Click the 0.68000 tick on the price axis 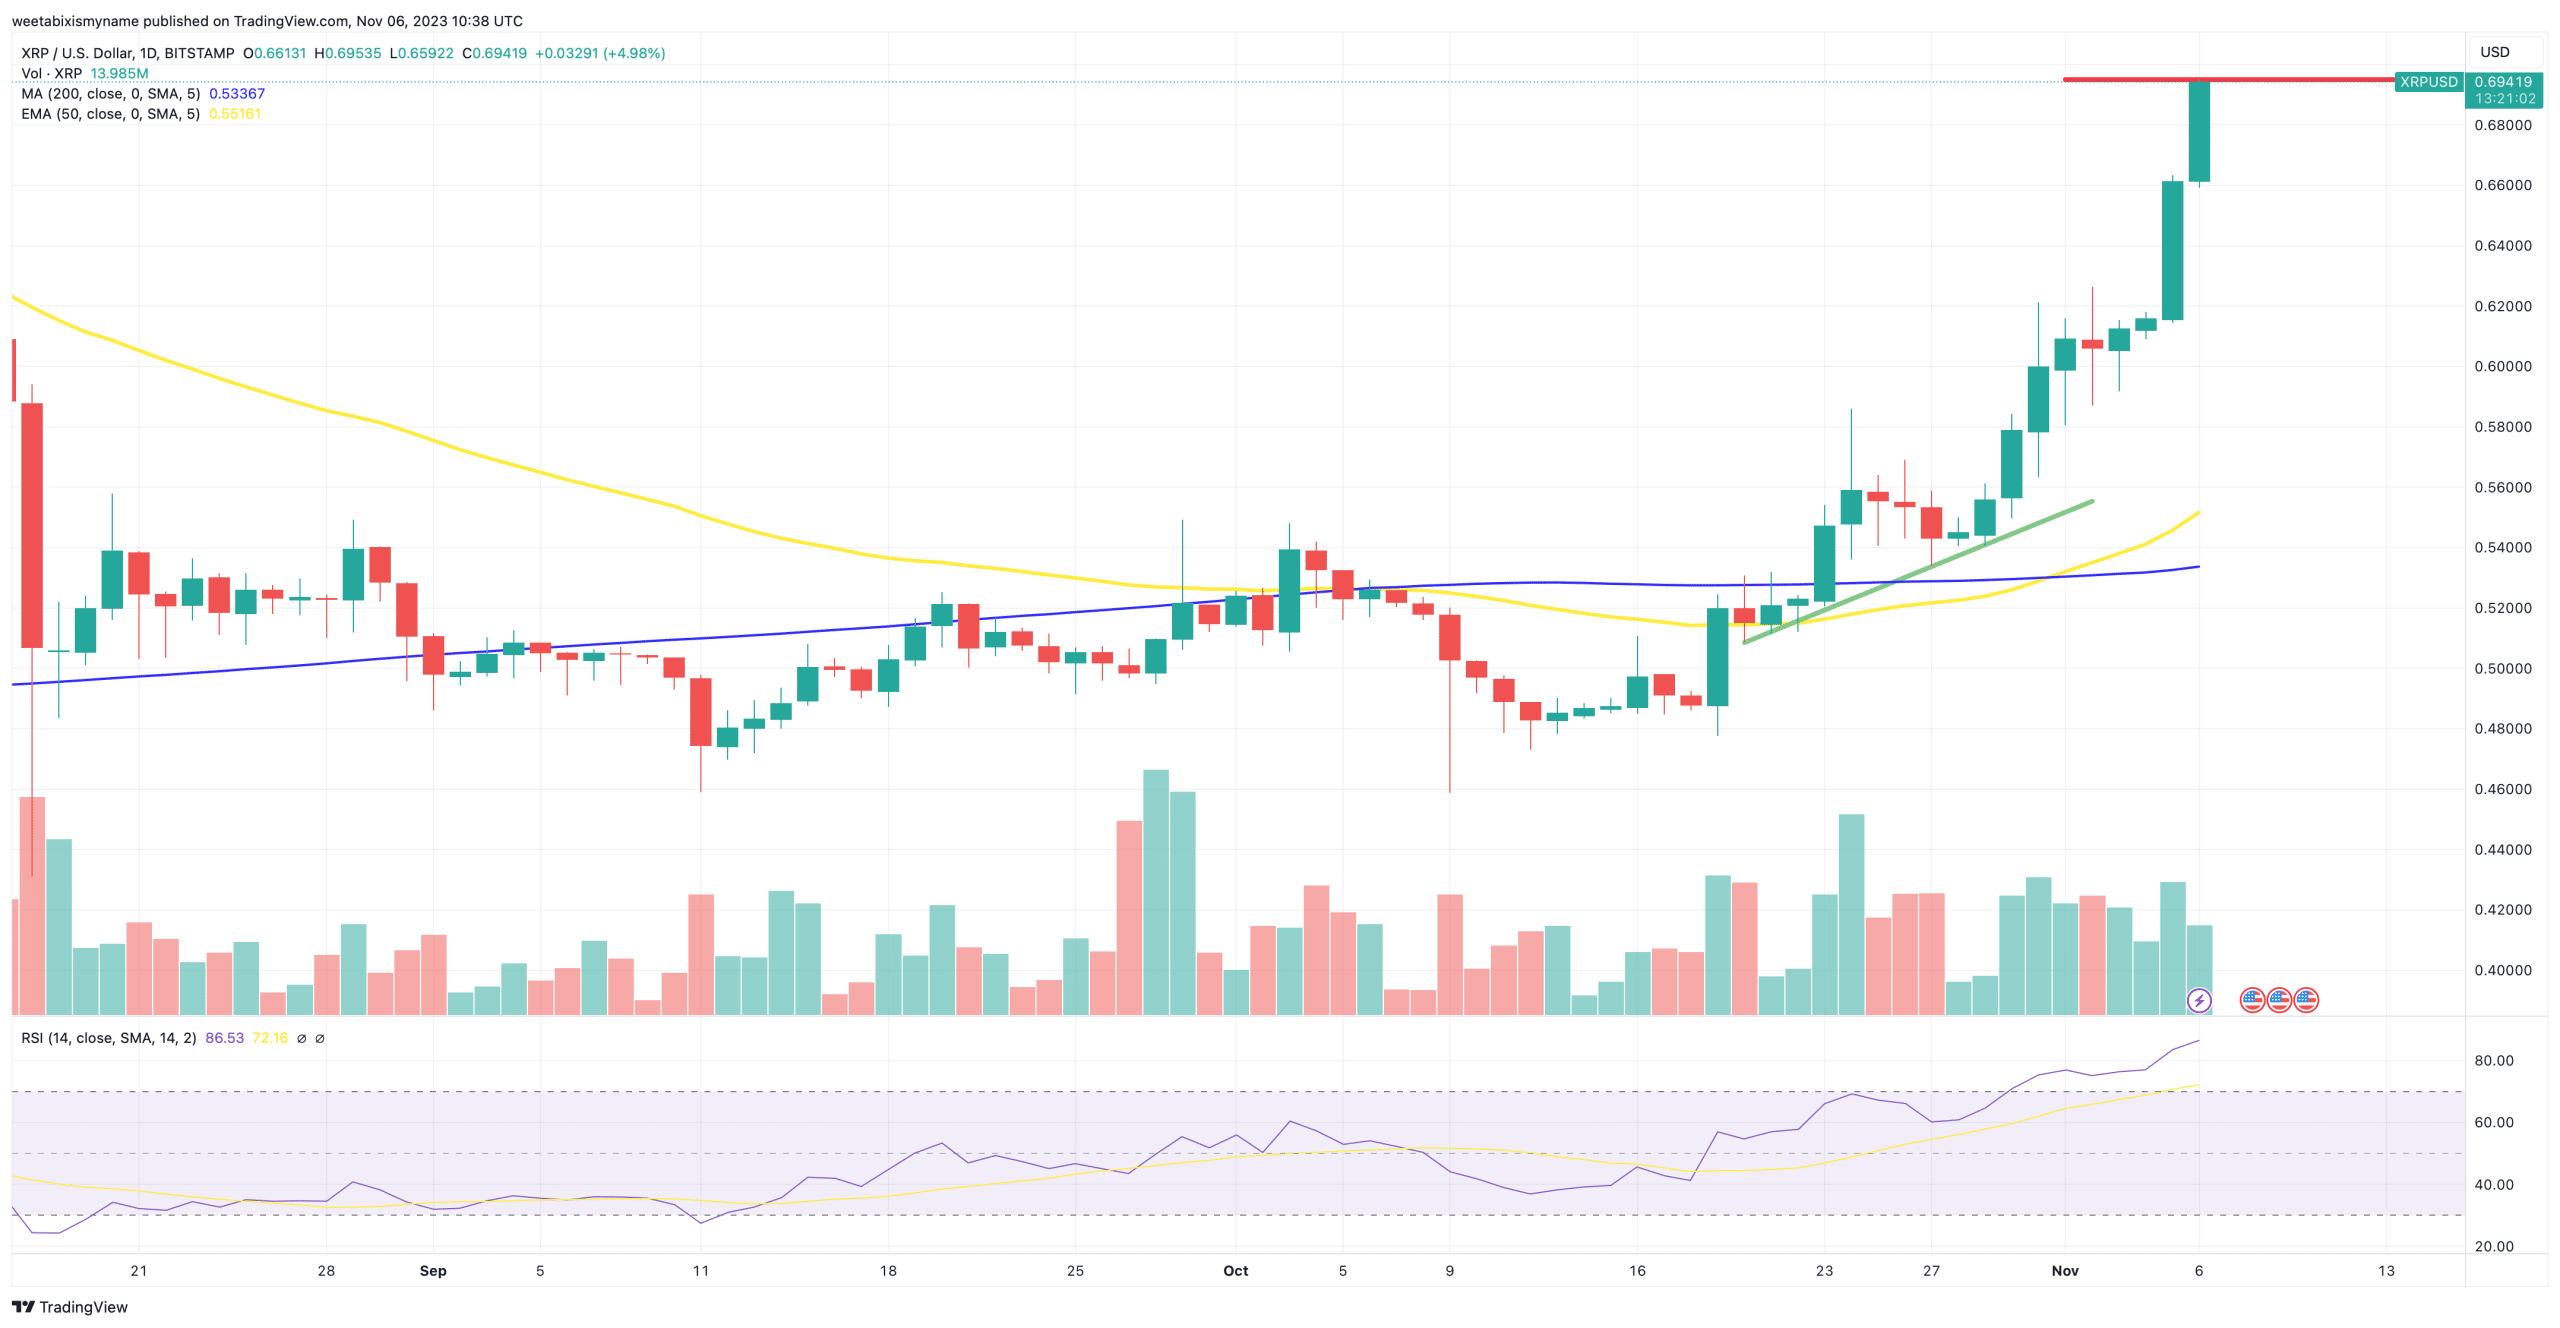tap(2502, 125)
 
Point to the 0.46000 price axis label tap(2502, 789)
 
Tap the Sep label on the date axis tap(433, 1270)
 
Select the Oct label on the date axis tap(1235, 1270)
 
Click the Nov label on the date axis tap(2064, 1270)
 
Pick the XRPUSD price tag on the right tap(2428, 82)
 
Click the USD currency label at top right tap(2494, 52)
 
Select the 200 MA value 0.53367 tap(237, 94)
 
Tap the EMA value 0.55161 tap(235, 114)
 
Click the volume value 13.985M tap(119, 74)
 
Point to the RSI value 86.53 tap(224, 1038)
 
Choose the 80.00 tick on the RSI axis tap(2493, 1060)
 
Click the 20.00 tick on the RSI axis tap(2493, 1246)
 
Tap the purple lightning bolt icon tap(2198, 1000)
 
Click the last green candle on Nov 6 tap(2198, 131)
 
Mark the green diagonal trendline tap(1918, 571)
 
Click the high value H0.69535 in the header tap(348, 53)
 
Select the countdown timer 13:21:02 tap(2504, 99)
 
